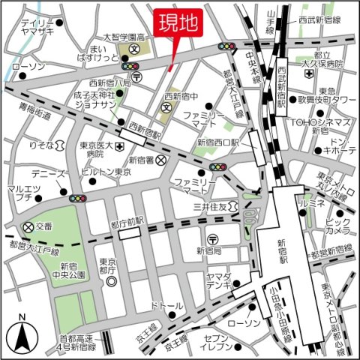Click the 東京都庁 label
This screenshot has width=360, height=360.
(x=109, y=266)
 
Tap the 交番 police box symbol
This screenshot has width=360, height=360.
(x=28, y=226)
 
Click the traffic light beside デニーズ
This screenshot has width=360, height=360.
(x=78, y=199)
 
